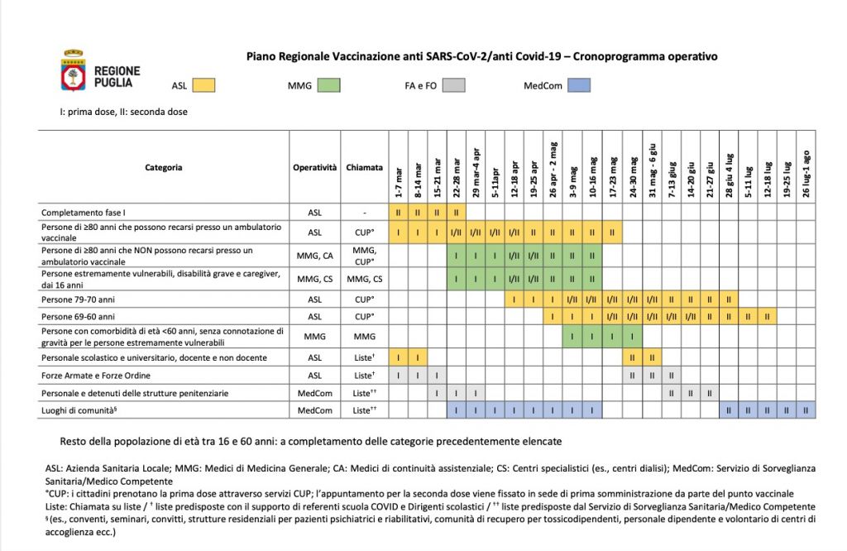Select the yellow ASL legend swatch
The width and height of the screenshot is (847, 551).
(203, 84)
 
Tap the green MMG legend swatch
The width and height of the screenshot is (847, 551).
(328, 84)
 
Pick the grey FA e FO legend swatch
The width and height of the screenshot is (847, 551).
(453, 84)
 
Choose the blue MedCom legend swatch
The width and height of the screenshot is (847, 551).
(579, 84)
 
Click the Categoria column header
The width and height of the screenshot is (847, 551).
(164, 167)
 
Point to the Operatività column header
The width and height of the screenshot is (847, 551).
(314, 167)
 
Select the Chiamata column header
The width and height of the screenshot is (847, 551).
(365, 167)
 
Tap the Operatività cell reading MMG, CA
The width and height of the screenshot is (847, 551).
(314, 255)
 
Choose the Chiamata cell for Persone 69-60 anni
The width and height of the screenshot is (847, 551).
(365, 316)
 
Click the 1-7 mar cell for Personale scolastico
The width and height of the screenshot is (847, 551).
(399, 357)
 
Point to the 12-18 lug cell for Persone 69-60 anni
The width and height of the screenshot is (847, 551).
(767, 316)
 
